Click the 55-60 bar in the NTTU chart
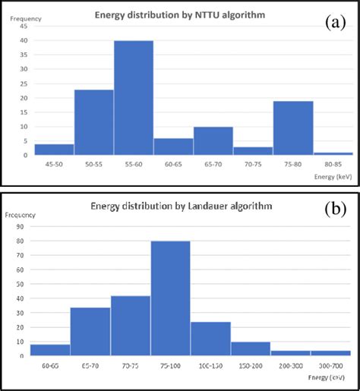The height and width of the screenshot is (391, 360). tap(134, 99)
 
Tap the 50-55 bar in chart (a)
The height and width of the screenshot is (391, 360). tap(93, 123)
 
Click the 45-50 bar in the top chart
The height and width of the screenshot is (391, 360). tap(54, 150)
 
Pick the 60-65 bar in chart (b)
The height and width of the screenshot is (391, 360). tap(50, 350)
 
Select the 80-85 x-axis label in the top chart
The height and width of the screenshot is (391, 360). tap(333, 164)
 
